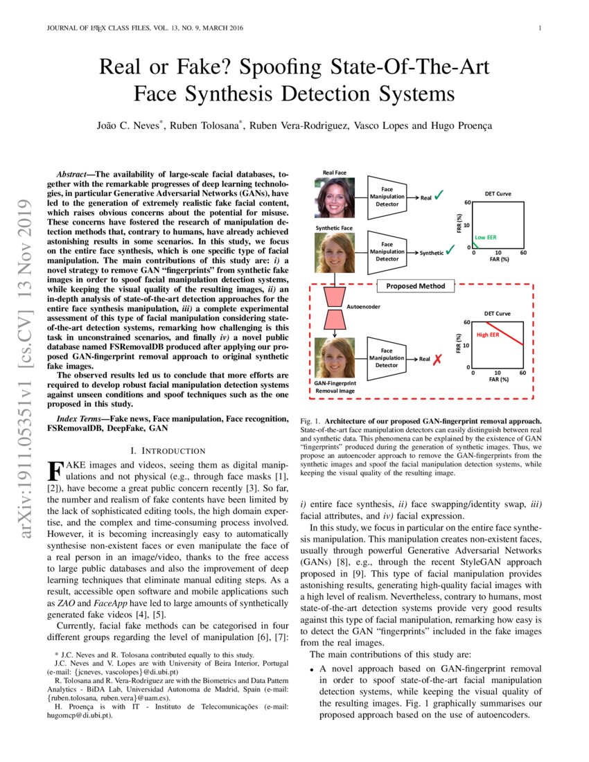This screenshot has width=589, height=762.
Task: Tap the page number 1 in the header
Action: tap(538, 28)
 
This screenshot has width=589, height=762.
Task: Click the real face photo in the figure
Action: tap(335, 197)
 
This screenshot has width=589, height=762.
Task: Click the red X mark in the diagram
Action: tap(439, 360)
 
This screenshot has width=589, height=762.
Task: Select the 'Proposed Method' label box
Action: tap(415, 285)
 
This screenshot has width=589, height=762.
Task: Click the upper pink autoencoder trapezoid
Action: tap(335, 296)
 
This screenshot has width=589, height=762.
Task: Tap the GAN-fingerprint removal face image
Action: tap(335, 357)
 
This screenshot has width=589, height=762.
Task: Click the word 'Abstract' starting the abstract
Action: tap(74, 172)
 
